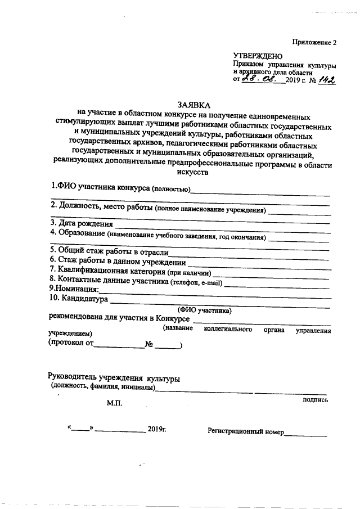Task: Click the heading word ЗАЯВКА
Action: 192,105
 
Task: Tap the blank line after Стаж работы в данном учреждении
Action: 259,263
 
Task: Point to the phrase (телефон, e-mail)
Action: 196,281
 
